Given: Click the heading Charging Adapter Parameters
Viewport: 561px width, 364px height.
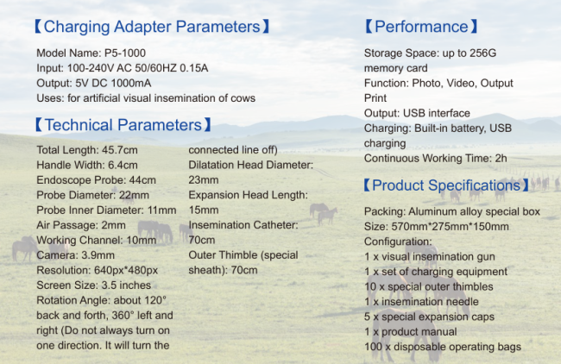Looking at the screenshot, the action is tap(152, 27).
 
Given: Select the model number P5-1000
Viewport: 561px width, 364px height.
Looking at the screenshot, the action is tap(125, 53).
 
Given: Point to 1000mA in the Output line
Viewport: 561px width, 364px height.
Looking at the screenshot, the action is tap(131, 83).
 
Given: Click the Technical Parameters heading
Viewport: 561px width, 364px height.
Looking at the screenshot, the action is tap(123, 125).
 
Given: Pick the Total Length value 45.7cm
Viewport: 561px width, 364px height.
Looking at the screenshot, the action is tap(119, 150).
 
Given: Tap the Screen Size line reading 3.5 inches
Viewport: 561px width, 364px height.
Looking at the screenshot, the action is tap(94, 285).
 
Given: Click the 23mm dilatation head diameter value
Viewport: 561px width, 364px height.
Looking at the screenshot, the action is tap(203, 180).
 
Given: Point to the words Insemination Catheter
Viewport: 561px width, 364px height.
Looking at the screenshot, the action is tap(242, 225).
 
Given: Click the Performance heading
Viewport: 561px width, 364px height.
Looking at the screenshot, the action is tap(421, 27).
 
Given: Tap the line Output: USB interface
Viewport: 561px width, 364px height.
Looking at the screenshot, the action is tap(417, 113).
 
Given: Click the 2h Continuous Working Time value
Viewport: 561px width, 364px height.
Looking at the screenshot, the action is tap(501, 158).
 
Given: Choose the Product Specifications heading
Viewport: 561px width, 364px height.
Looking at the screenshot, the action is tap(446, 185).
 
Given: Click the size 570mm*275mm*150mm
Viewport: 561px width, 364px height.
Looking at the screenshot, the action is tap(450, 226).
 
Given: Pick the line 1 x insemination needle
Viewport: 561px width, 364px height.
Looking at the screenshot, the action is tap(421, 301).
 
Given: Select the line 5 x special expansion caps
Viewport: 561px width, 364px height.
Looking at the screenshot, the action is tap(429, 317).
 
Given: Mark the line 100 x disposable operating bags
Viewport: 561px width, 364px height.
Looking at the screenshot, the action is tap(443, 347).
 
